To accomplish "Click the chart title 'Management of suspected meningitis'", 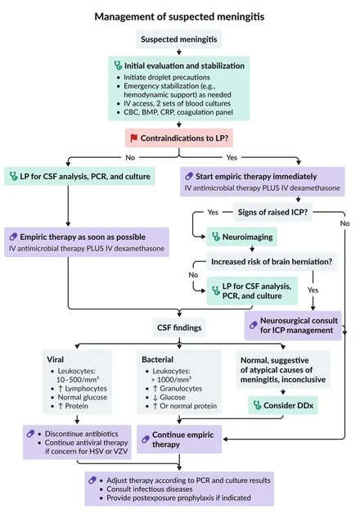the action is (179, 16).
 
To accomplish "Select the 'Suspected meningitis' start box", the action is (179, 39).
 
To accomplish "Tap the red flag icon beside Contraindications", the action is (133, 138).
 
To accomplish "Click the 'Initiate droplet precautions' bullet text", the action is (167, 78).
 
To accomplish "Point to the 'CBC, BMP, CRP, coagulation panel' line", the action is (178, 112).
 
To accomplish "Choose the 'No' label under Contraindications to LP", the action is (130, 157).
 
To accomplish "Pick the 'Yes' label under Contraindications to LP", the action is (232, 157).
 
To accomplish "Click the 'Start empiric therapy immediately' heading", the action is (256, 177).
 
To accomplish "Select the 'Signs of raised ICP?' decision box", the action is (272, 212).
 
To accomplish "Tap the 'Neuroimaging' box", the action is (242, 237).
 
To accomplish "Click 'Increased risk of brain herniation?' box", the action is (272, 262).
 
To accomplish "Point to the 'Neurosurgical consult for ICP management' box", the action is (293, 326).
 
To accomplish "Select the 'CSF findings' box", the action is (179, 327).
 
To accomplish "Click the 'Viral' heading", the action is (56, 359).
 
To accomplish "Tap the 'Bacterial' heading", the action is (157, 359).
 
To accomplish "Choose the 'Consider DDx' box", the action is (283, 405).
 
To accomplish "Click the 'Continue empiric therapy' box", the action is (179, 440).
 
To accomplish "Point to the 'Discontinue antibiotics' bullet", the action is (81, 434).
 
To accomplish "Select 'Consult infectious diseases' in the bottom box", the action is (150, 490).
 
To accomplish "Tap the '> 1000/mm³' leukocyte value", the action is (171, 380).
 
